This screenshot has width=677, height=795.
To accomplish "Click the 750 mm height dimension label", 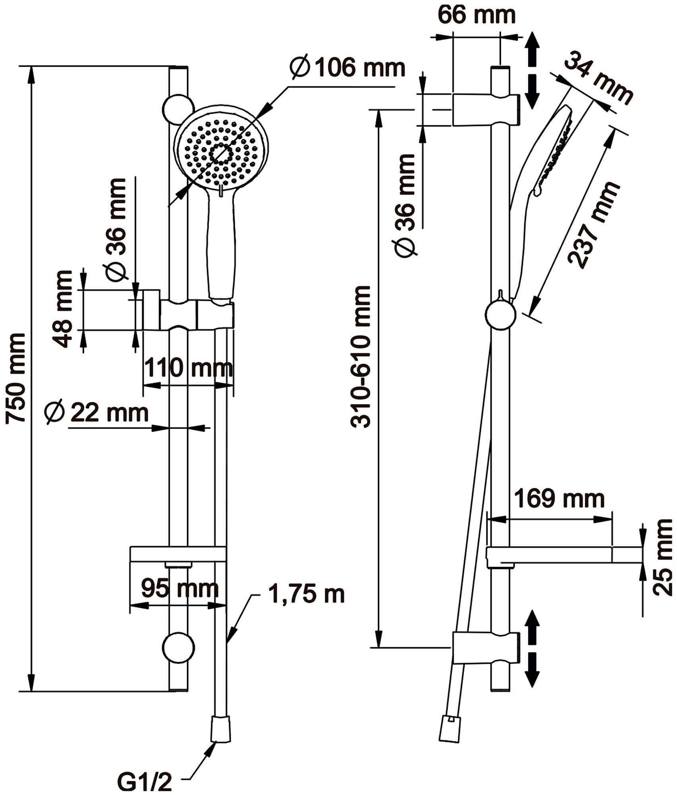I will click(x=17, y=378).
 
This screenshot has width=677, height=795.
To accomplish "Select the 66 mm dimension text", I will click(x=477, y=15).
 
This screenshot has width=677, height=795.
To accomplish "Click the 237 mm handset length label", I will click(x=594, y=225).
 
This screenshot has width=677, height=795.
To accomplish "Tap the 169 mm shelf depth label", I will click(x=559, y=498).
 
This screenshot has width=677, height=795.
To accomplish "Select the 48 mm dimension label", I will click(x=62, y=309).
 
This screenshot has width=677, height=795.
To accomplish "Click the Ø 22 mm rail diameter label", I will click(x=97, y=413).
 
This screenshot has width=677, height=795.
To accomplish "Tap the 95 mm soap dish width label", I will click(x=180, y=589).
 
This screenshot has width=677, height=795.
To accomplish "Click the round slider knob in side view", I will click(x=500, y=315).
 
